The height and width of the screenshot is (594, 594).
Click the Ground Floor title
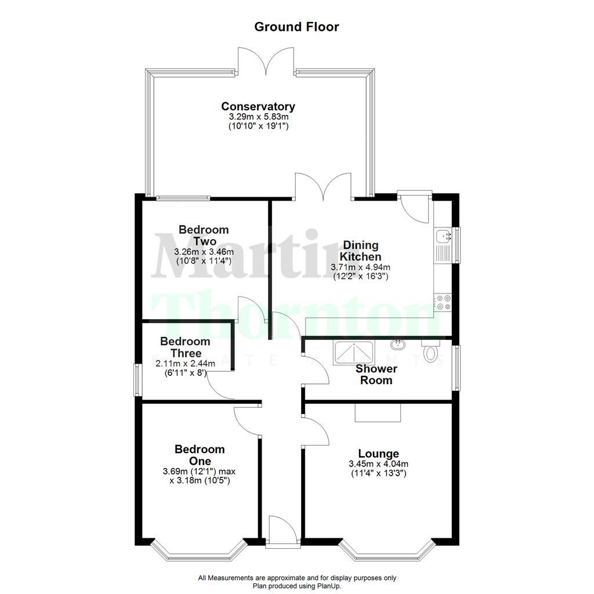point(296,27)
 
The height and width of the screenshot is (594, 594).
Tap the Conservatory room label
point(258,107)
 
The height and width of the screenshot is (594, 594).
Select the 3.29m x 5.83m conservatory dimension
point(258,117)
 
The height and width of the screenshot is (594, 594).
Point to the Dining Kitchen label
point(360,251)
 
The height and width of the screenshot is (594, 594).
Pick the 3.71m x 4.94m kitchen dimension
point(360,267)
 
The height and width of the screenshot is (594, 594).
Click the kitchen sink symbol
point(444,244)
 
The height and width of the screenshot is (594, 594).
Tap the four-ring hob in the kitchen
point(444,302)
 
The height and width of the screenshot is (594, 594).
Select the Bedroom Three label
point(185,347)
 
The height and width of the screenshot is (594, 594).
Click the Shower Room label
point(376,374)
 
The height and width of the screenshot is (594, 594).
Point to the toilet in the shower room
point(430,352)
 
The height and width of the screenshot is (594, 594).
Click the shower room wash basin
point(398,345)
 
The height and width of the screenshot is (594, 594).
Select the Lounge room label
point(378,454)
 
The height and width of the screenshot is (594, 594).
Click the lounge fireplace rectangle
point(378,412)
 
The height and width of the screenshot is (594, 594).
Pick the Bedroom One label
point(200,455)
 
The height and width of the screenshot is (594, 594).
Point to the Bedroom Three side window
point(137,380)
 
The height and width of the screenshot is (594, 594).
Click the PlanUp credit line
point(296,586)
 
